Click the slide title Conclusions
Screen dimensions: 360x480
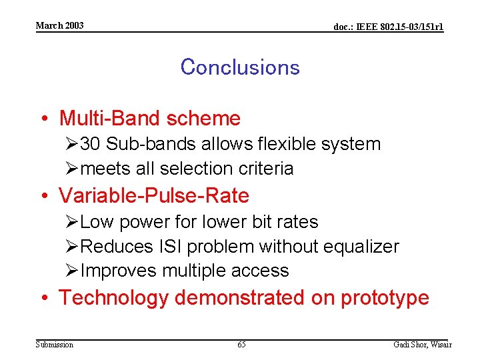[239, 67]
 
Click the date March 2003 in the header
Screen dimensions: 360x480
[59, 25]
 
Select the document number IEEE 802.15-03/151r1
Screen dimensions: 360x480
[388, 27]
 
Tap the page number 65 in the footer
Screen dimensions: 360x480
[241, 345]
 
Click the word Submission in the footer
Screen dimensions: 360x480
[55, 345]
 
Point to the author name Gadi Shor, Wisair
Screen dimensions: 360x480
[423, 345]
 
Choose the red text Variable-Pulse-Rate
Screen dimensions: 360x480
[153, 196]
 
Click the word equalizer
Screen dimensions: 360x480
[361, 247]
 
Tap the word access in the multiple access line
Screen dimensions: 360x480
[261, 271]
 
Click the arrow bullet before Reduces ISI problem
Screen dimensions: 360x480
[72, 247]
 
